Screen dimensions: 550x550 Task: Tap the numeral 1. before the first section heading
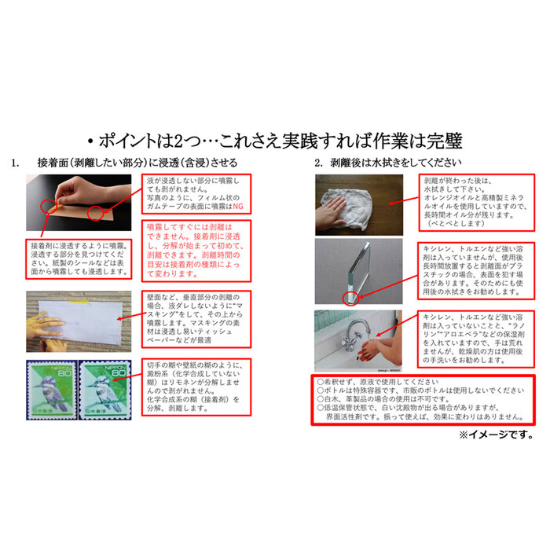pos(16,163)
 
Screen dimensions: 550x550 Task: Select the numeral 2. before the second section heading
pos(318,163)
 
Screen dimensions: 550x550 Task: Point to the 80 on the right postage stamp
pos(121,375)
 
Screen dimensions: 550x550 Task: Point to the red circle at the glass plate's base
pos(350,298)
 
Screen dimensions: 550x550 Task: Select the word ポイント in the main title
pos(131,141)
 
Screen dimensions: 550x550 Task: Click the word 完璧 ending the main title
pos(444,141)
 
